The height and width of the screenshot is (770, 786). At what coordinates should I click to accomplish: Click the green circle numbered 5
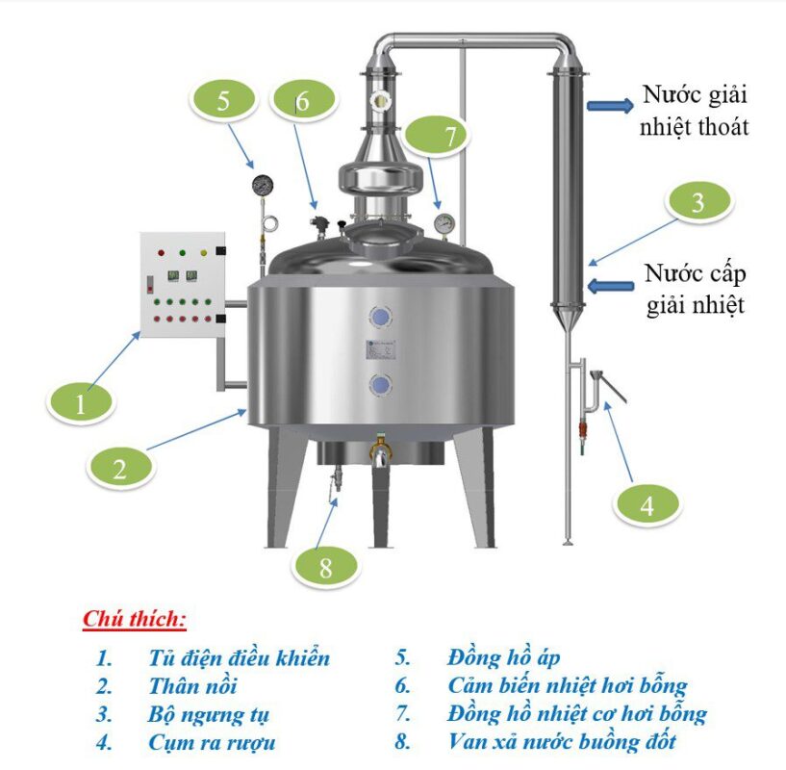point(223,101)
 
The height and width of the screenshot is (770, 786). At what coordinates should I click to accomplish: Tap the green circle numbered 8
point(324,567)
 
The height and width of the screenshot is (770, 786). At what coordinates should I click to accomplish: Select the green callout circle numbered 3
point(698,202)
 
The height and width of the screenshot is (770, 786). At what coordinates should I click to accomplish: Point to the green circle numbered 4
point(647,504)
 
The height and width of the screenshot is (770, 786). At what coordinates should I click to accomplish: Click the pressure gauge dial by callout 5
point(263,185)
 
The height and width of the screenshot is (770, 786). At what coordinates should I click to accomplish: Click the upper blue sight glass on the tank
point(380,317)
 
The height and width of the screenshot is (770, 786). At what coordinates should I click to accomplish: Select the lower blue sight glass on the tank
point(380,386)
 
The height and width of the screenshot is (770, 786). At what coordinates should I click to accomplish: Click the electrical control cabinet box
point(182,285)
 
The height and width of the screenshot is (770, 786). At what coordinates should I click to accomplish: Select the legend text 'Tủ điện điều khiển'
point(239,658)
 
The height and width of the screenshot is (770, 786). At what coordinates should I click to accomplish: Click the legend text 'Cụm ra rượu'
point(212,742)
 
